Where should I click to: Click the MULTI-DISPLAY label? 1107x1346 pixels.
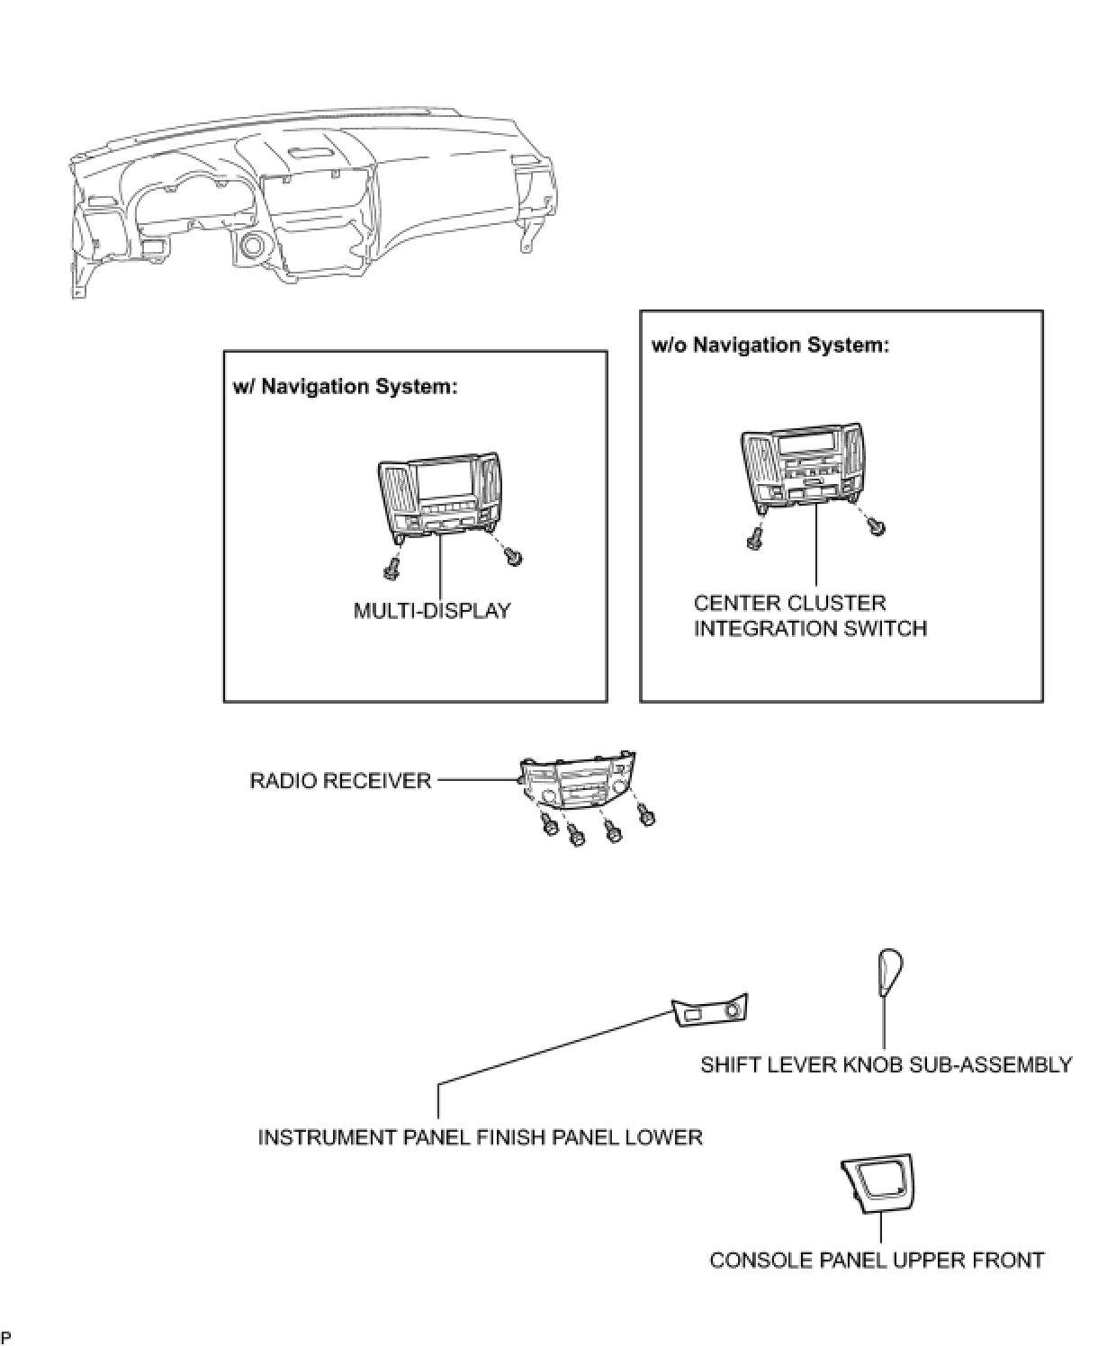[431, 611]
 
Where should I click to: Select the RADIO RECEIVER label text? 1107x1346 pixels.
[340, 780]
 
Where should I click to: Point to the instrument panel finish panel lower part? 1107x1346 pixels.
[710, 1013]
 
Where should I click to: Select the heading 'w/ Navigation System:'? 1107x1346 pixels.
[346, 387]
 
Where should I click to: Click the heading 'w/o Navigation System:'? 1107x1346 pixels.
[769, 345]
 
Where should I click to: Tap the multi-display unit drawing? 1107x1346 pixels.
[437, 494]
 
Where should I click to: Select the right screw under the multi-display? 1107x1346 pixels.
[515, 557]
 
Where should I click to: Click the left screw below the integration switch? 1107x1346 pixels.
[753, 539]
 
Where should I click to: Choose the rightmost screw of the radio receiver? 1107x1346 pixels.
[645, 815]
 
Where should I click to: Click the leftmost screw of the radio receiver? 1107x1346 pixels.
[546, 824]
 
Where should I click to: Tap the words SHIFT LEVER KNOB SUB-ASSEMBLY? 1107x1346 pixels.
[886, 1065]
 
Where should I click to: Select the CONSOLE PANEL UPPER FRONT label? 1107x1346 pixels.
[877, 1260]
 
